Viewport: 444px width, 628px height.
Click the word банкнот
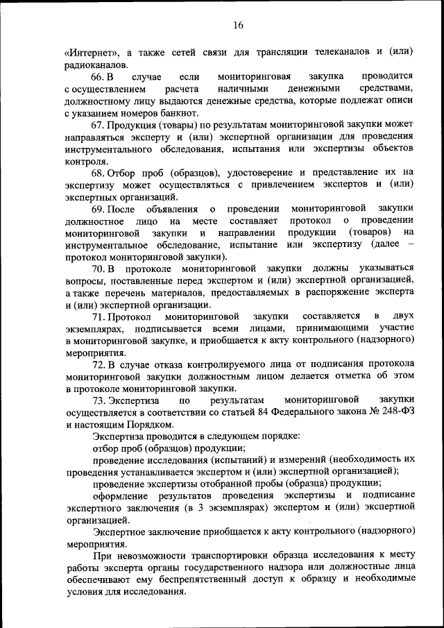[180, 114]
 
